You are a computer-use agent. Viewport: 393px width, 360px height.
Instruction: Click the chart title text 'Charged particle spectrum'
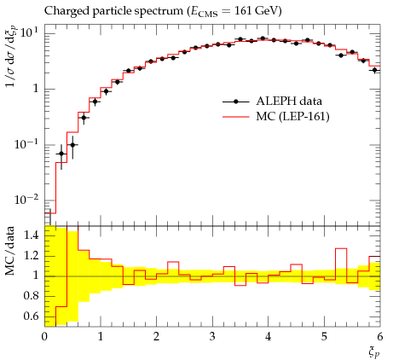tap(113, 11)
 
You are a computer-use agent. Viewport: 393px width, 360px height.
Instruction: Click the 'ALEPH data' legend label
tap(289, 101)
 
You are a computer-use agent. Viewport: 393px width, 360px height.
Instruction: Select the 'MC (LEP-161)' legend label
tap(292, 117)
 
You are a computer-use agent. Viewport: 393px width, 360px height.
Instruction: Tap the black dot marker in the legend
tap(235, 102)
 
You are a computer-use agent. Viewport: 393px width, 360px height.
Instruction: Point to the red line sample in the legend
tap(235, 117)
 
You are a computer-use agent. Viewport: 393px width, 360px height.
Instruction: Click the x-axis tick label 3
tap(212, 337)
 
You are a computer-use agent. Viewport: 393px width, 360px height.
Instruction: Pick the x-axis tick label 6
tap(380, 337)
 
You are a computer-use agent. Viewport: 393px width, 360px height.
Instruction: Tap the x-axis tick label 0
tap(44, 337)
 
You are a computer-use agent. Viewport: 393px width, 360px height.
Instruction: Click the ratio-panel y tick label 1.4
tap(32, 235)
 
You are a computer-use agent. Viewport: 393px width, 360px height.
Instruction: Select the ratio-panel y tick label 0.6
tap(32, 316)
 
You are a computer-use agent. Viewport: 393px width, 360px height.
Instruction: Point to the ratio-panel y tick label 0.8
tap(32, 296)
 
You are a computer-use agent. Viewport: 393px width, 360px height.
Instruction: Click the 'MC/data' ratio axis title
tap(10, 251)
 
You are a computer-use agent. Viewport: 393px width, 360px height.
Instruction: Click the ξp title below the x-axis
tap(374, 353)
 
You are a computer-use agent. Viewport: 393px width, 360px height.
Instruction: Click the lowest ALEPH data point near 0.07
tap(61, 154)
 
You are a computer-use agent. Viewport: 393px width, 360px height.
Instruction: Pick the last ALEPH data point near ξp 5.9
tap(375, 70)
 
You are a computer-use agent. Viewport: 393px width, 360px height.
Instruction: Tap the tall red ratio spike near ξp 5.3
tap(341, 248)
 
